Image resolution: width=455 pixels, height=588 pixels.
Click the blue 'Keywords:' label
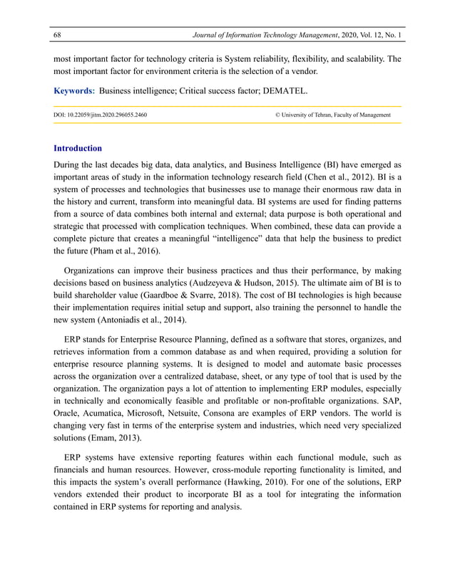(74, 90)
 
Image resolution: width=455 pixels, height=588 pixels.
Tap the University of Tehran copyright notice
(332, 114)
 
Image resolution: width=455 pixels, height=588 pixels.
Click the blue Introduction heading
(78, 149)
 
